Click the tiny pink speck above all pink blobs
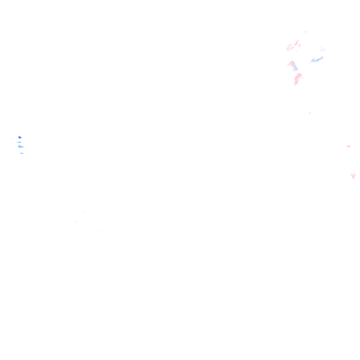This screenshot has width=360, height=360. coord(305,32)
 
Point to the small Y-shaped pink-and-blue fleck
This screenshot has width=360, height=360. coord(322,50)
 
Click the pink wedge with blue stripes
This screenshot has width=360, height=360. coord(293,65)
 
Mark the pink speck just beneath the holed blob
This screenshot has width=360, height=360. coord(296,51)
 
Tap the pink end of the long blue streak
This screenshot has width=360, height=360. coord(322,57)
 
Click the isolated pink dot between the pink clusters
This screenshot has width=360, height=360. coord(310,113)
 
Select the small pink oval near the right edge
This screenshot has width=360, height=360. coord(348,146)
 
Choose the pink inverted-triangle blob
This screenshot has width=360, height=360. coord(353,176)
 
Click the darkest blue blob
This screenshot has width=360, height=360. coord(20,137)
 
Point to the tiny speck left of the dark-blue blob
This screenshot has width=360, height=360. coord(11,139)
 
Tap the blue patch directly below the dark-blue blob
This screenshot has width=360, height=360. coord(19,142)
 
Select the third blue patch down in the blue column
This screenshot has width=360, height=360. coord(21,146)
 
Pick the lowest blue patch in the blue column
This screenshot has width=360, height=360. coord(21,153)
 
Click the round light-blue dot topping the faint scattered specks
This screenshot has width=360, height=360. coord(85,212)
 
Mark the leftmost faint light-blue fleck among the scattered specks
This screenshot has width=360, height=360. coord(76,222)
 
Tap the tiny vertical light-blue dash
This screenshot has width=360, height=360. coord(98,231)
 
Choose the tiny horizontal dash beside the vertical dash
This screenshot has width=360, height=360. coord(100,230)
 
